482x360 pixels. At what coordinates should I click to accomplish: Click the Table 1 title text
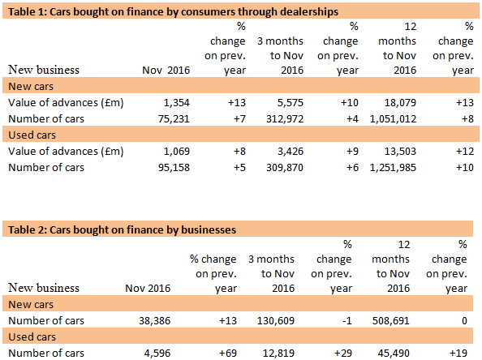[x=173, y=10]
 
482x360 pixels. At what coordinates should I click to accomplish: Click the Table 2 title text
[x=122, y=230]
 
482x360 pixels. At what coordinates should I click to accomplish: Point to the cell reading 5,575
[x=286, y=102]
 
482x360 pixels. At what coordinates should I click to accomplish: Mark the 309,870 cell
[x=279, y=167]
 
